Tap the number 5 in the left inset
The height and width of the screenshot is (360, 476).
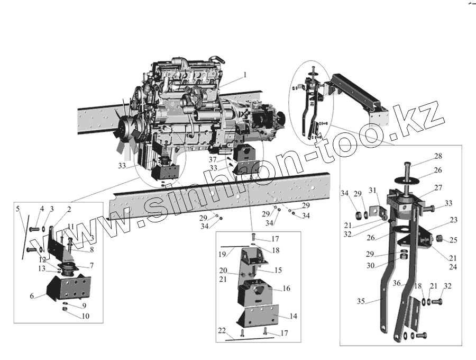[18, 209]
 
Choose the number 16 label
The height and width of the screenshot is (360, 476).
[287, 289]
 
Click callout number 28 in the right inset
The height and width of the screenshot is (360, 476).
[438, 156]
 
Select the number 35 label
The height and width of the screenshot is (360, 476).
[361, 301]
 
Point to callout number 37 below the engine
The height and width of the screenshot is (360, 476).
[212, 159]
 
